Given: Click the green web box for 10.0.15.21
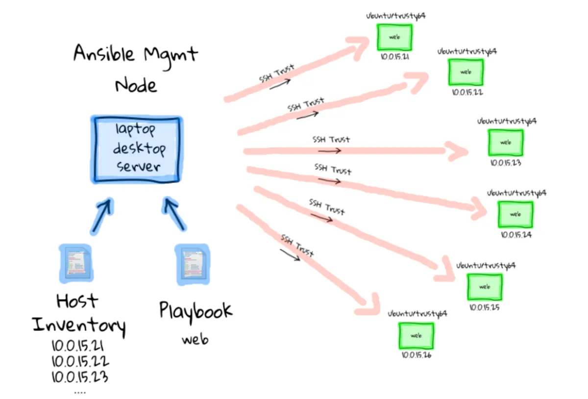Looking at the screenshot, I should tap(394, 37).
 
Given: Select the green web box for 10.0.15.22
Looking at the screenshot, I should tap(465, 72).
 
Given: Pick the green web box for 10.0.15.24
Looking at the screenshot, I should tap(515, 214).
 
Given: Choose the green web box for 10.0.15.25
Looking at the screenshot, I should tap(484, 287).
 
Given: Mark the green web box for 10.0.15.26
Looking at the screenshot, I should tap(416, 335).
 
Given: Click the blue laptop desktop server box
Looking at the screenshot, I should tap(136, 149).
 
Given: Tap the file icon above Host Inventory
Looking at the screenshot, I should tap(75, 263).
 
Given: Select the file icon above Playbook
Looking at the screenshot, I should tap(193, 263).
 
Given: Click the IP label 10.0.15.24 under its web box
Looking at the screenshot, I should tap(516, 235).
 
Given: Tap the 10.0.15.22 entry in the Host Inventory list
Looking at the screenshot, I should tap(80, 362).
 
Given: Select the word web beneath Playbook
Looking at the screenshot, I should tap(195, 339).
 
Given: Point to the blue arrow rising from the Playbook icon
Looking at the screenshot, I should tap(174, 213).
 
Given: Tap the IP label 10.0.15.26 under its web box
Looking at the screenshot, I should tap(416, 355).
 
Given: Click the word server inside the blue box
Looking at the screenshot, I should tap(139, 166).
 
